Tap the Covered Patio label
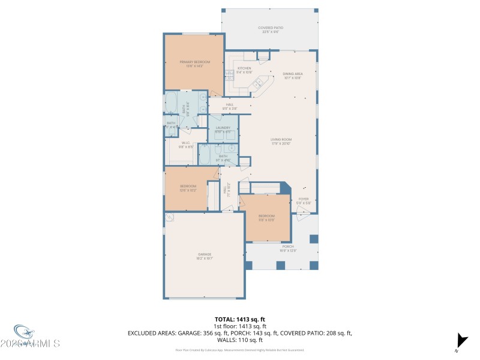tap(270, 28)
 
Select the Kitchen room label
tap(244, 68)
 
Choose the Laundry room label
tap(223, 128)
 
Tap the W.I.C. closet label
tap(186, 142)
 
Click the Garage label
tap(205, 254)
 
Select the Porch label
tap(289, 246)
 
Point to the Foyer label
tap(303, 200)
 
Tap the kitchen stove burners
tap(229, 74)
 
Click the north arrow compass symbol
tap(461, 340)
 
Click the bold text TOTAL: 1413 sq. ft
tap(239, 319)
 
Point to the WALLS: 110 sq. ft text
tap(240, 340)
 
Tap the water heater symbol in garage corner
tap(170, 217)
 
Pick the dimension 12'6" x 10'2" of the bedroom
tap(188, 190)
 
